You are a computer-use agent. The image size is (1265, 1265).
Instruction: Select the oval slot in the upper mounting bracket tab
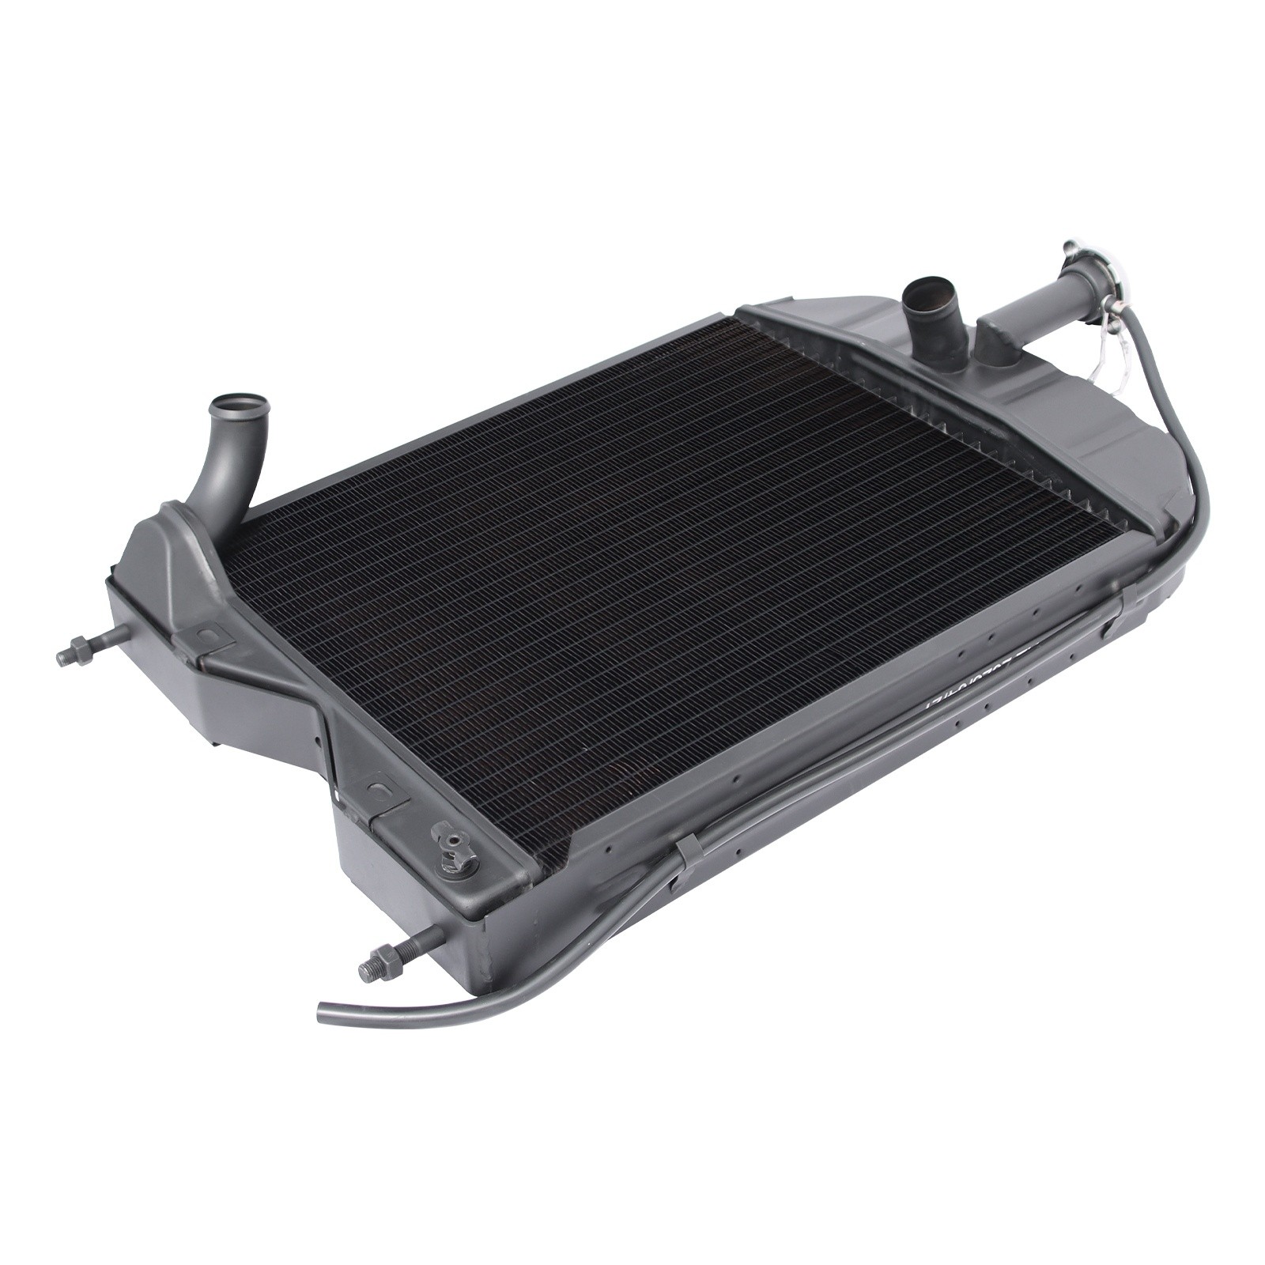click(x=207, y=634)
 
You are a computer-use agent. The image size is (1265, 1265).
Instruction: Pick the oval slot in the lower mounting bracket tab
click(x=380, y=793)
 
